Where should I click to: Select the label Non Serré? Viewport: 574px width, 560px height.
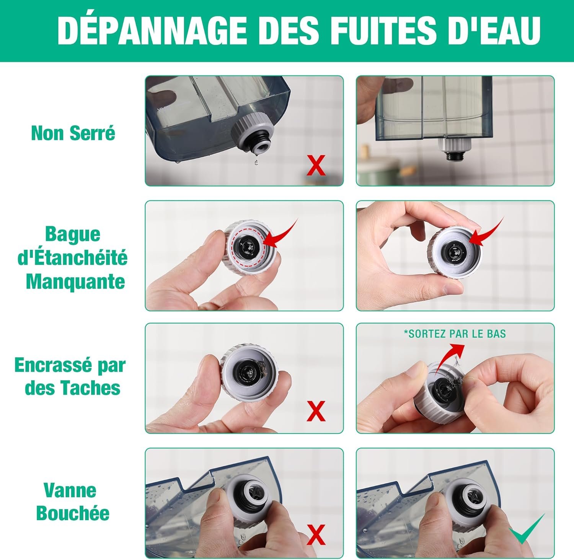[73, 133]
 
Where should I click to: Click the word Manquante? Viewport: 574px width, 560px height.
[75, 282]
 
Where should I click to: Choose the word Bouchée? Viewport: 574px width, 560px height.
[73, 513]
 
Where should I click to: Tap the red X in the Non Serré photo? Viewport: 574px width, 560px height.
[316, 165]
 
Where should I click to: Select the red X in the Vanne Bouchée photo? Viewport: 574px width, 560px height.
[316, 534]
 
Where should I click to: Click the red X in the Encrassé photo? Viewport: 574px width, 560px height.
[316, 411]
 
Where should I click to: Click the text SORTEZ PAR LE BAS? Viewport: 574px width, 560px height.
[455, 334]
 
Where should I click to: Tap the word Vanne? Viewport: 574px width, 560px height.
[70, 490]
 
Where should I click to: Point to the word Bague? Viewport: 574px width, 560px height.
[73, 234]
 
